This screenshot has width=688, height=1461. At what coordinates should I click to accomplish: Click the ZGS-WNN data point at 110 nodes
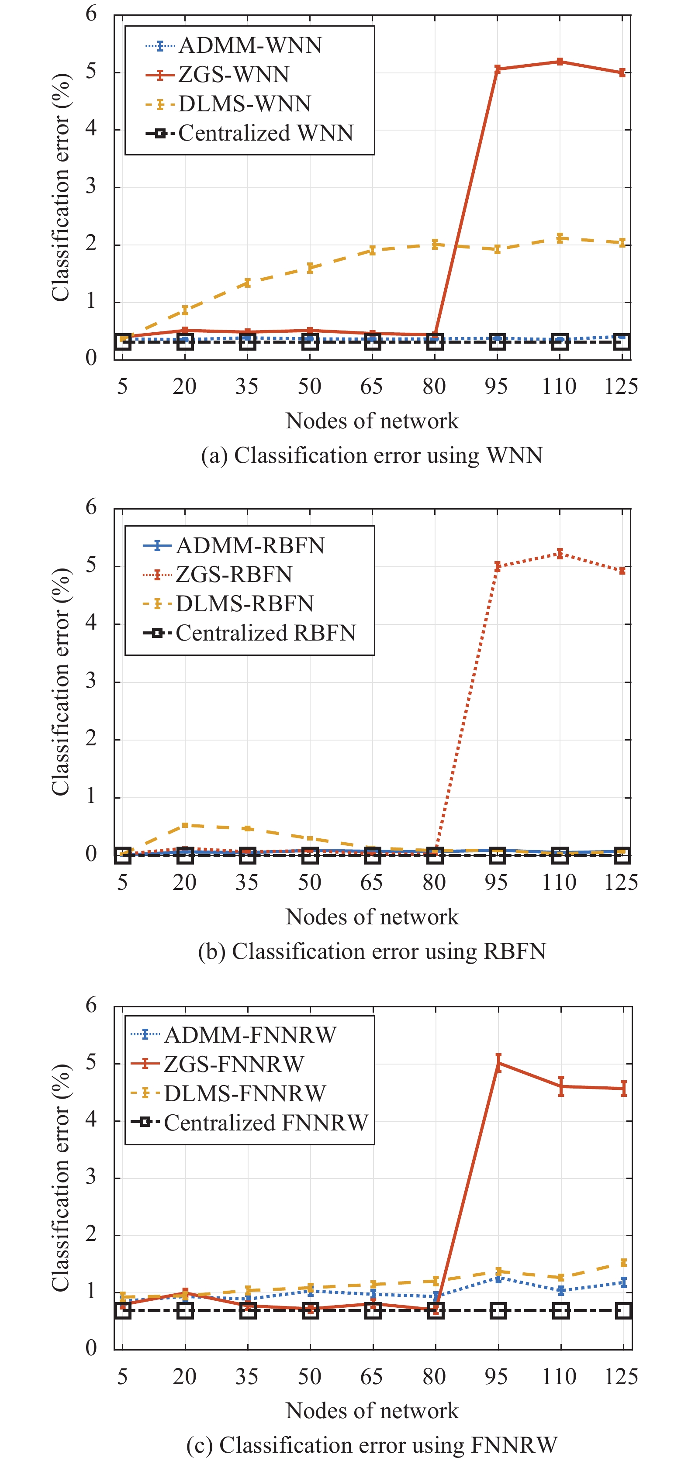560,61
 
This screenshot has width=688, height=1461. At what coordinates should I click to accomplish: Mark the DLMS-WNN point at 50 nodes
310,268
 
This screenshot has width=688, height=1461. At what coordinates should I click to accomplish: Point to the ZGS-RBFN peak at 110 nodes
560,553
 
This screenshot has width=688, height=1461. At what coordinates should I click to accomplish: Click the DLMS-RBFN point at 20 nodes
185,825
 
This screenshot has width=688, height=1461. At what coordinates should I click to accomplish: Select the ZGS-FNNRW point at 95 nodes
498,1063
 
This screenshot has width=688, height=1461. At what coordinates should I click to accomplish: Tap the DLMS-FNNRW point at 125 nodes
623,1262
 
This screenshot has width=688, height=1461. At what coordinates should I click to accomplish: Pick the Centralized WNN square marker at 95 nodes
498,341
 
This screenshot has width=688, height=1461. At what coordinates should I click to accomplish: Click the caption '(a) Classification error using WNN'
371,455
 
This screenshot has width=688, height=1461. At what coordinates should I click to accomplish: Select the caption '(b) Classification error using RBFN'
371,951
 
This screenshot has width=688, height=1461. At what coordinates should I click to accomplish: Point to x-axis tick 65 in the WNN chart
371,387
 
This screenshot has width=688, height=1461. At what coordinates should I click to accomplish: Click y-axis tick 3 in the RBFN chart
91,681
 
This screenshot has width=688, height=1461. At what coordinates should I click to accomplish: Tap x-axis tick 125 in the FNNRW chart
622,1376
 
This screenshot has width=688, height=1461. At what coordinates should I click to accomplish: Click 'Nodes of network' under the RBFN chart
371,917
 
